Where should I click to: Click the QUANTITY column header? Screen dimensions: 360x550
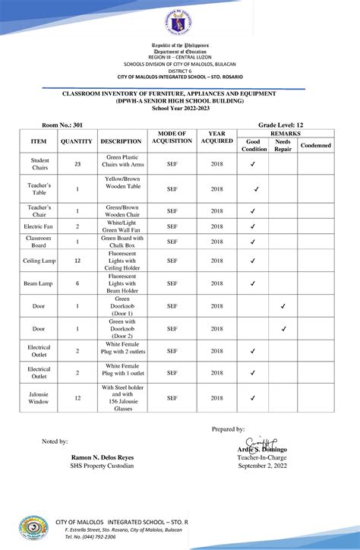click(77, 141)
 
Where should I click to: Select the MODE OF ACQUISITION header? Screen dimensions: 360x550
click(172, 137)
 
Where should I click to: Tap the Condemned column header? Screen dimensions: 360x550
click(315, 145)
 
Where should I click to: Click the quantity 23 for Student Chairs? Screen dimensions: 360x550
click(77, 164)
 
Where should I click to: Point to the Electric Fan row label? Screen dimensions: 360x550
click(39, 226)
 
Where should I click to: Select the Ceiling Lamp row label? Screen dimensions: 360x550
click(39, 261)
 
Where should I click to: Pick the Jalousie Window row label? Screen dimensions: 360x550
click(39, 398)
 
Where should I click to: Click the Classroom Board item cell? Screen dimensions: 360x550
click(39, 242)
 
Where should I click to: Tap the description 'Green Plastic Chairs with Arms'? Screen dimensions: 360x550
click(122, 164)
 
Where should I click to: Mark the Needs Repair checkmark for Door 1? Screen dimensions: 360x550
click(283, 306)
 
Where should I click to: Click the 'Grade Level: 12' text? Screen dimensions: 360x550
click(281, 124)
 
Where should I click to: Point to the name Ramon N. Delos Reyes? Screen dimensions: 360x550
click(103, 458)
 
